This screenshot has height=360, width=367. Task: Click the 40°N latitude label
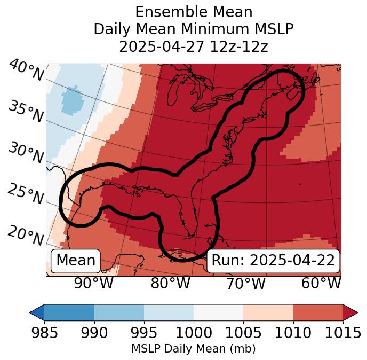pyautogui.click(x=26, y=71)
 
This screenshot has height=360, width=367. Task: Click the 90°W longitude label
pyautogui.click(x=93, y=283)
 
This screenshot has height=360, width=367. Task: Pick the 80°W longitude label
pyautogui.click(x=170, y=283)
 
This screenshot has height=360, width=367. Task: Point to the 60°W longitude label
pyautogui.click(x=321, y=283)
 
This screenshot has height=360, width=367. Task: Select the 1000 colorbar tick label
pyautogui.click(x=193, y=333)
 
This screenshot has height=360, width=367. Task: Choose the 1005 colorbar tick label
pyautogui.click(x=243, y=333)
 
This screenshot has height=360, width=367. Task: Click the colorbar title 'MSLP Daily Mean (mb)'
pyautogui.click(x=193, y=349)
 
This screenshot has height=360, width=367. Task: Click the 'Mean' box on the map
pyautogui.click(x=76, y=261)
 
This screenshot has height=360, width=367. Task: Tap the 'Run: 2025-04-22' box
pyautogui.click(x=273, y=261)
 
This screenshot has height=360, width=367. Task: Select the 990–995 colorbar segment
pyautogui.click(x=119, y=312)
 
